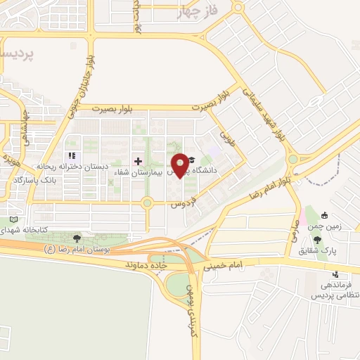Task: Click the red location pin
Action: click(x=181, y=164)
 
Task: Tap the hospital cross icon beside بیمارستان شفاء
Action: click(x=138, y=161)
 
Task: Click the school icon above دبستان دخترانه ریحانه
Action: click(x=70, y=155)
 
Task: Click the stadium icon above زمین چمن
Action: click(x=323, y=216)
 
